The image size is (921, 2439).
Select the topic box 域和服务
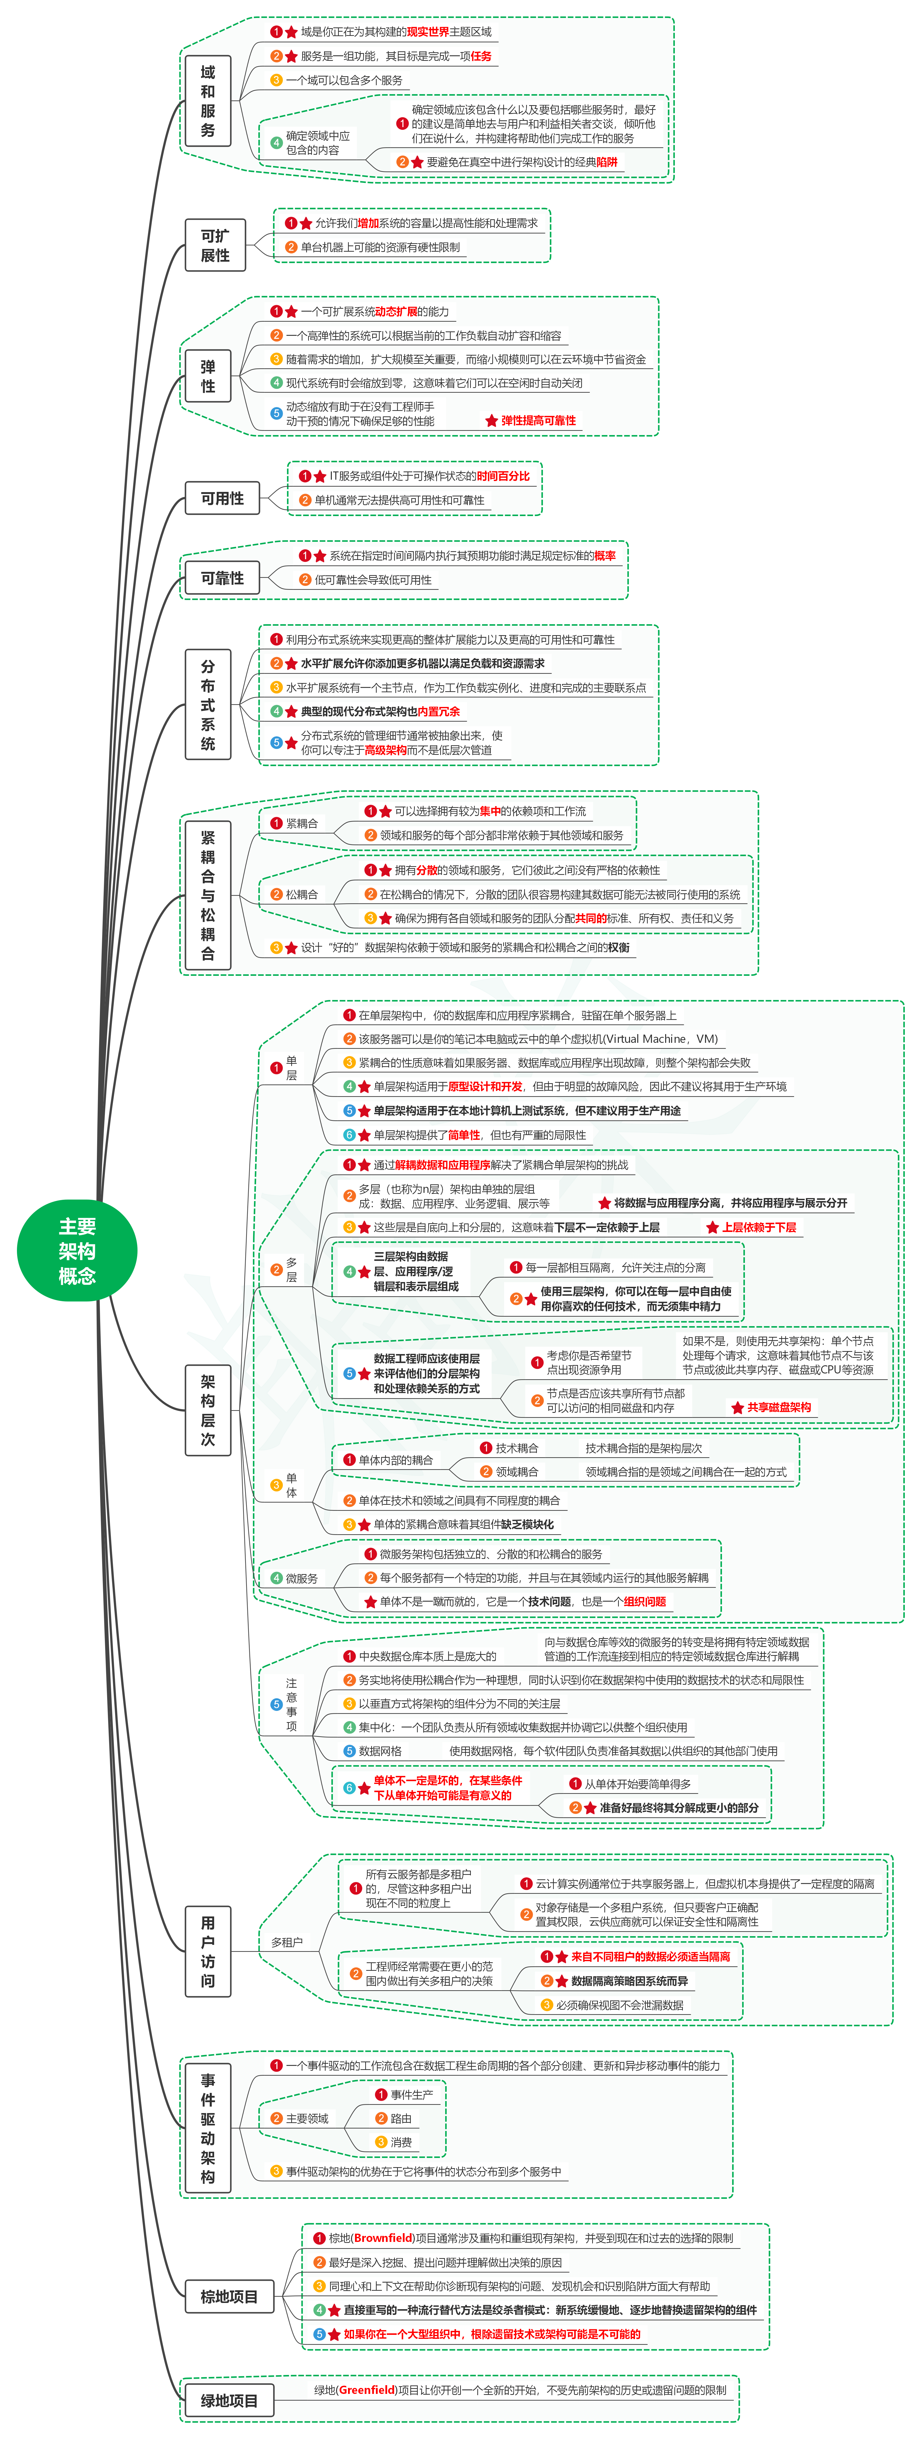click(207, 101)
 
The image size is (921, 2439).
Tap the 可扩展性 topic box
click(215, 245)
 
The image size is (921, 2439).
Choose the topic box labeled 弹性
click(207, 376)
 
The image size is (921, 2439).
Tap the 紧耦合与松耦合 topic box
click(207, 895)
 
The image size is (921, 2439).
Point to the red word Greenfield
click(367, 2390)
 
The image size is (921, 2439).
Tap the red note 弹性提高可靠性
click(538, 420)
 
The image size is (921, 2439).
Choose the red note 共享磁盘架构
click(778, 1407)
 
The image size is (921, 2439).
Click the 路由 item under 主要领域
click(400, 2118)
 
